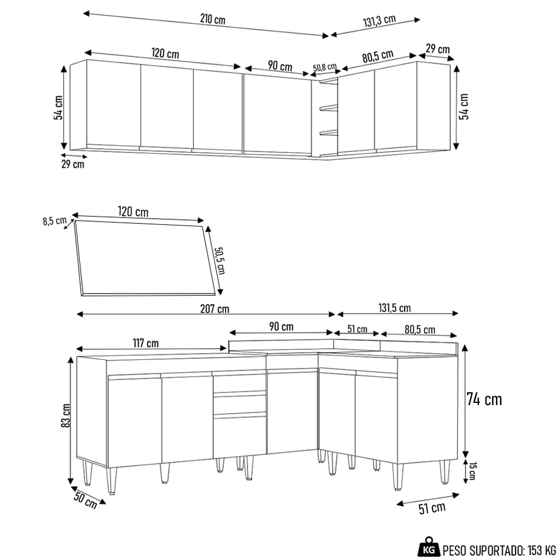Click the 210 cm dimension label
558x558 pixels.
point(213,20)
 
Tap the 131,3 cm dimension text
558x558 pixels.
point(379,21)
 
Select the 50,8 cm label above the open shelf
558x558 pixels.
point(324,68)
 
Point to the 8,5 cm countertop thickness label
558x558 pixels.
point(54,220)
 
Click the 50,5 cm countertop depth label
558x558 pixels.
point(219,257)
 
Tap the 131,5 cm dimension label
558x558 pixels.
point(395,309)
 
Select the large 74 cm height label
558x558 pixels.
point(484,400)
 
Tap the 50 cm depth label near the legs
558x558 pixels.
point(85,499)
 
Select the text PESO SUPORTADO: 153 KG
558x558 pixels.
point(499,548)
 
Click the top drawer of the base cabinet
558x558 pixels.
point(239,382)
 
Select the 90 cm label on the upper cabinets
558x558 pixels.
point(280,66)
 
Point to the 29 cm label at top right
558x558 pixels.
point(437,49)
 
